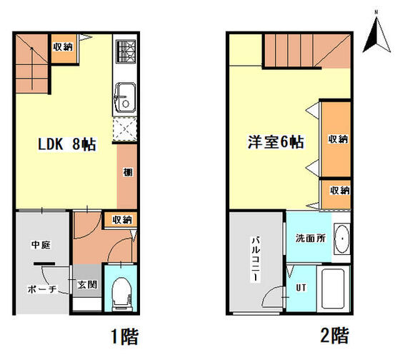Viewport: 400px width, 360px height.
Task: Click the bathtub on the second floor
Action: click(x=334, y=290)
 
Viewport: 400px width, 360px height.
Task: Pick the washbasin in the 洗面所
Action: click(x=341, y=238)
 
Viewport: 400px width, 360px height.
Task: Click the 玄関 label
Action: click(x=87, y=284)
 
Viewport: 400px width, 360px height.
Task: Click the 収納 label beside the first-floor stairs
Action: click(x=62, y=47)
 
